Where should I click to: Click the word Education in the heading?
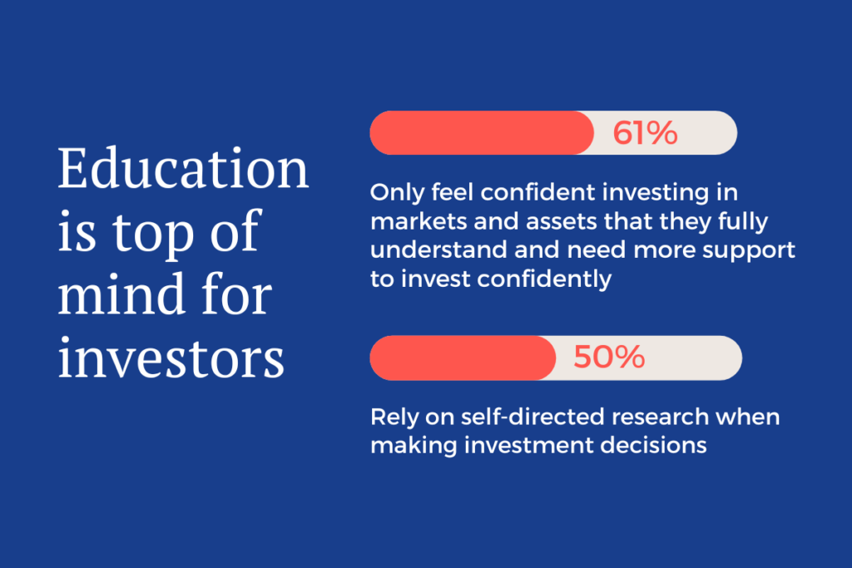(x=183, y=168)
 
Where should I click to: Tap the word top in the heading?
(x=153, y=234)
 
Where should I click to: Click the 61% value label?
(x=645, y=133)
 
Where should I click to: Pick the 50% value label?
(x=609, y=358)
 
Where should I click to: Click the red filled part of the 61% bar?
(x=482, y=133)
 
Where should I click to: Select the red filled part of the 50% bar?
(x=463, y=358)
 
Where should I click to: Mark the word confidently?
(x=544, y=279)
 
